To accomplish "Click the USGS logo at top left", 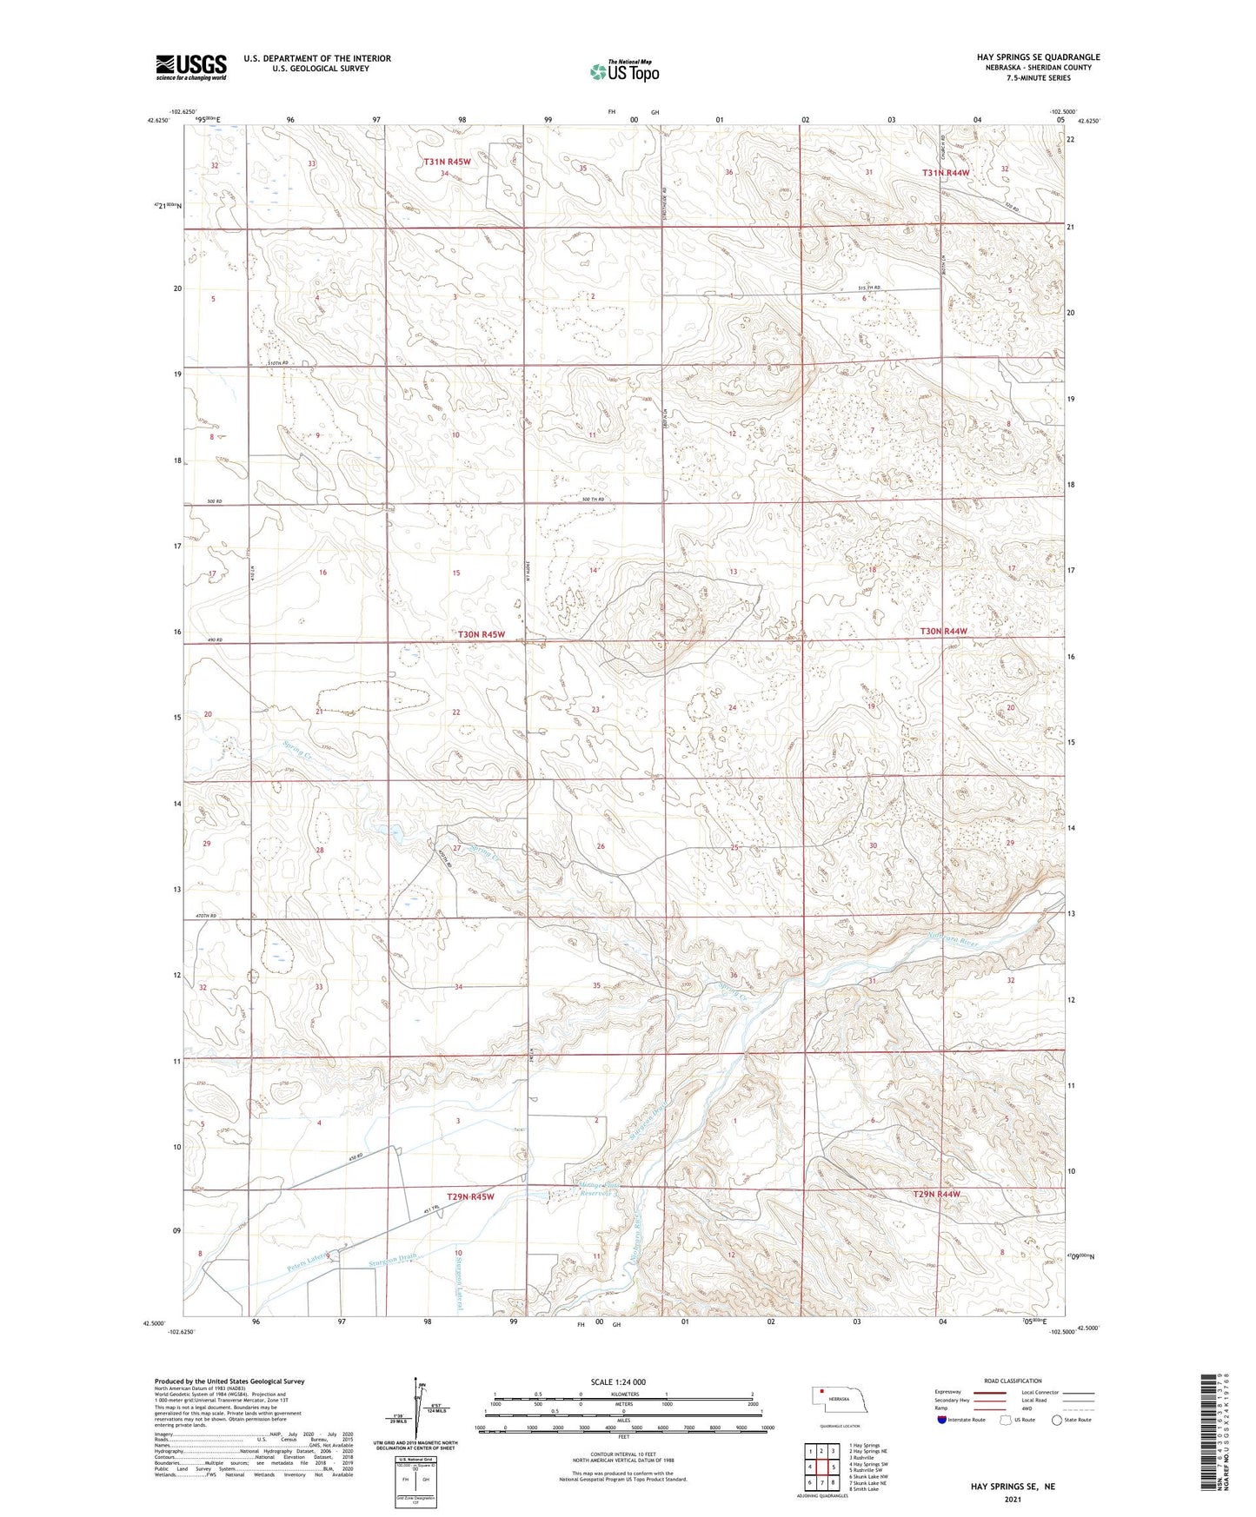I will pyautogui.click(x=191, y=66).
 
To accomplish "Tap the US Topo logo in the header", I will pyautogui.click(x=623, y=71).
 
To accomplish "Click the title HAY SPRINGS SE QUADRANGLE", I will pyautogui.click(x=1038, y=57).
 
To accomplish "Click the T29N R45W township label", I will pyautogui.click(x=470, y=1196).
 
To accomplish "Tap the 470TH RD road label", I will pyautogui.click(x=205, y=916).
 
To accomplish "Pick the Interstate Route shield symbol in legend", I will pyautogui.click(x=942, y=1420).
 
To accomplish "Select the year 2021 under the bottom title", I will pyautogui.click(x=1013, y=1500).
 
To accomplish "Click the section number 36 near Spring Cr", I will pyautogui.click(x=734, y=975).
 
